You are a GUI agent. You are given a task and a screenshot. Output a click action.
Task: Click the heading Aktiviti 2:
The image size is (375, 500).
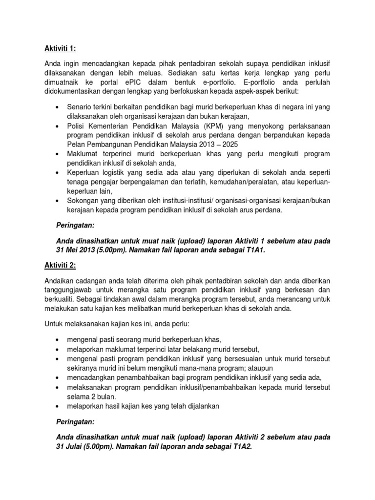pos(61,265)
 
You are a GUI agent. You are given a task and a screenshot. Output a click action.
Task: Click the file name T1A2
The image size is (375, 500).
pos(240,447)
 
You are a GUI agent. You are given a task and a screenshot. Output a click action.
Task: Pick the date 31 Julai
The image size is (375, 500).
pos(73,447)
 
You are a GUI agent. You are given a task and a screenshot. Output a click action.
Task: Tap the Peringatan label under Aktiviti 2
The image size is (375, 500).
pos(77,422)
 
